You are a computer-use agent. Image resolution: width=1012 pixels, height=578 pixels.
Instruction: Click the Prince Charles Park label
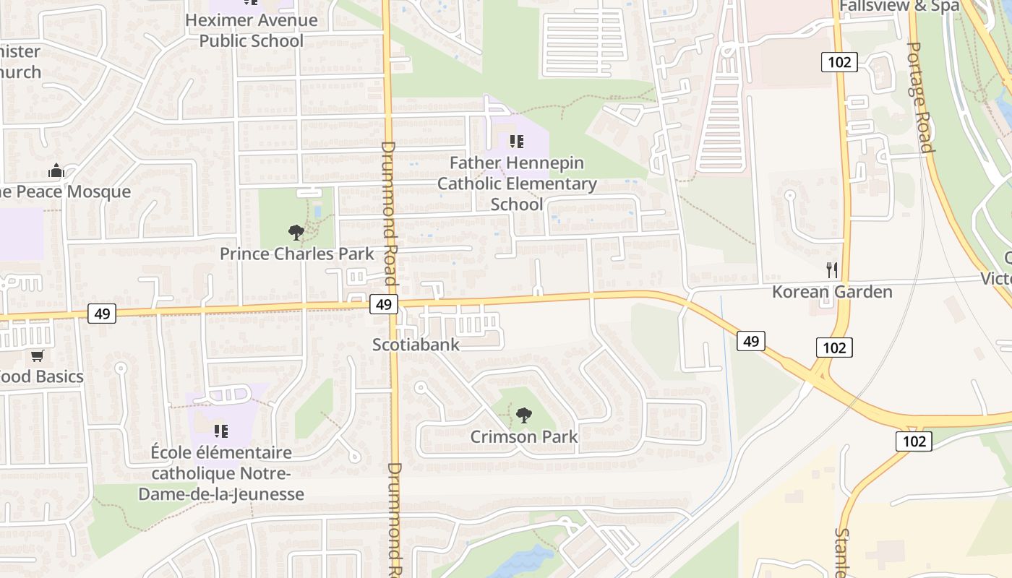pyautogui.click(x=297, y=254)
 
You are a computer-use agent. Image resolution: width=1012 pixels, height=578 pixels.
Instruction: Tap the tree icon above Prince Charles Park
pyautogui.click(x=296, y=233)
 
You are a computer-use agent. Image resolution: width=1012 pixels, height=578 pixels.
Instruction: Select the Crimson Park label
pyautogui.click(x=524, y=436)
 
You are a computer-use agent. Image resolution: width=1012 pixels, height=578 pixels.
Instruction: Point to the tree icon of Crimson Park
pyautogui.click(x=523, y=415)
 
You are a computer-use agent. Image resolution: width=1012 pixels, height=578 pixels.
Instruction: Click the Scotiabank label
pyautogui.click(x=416, y=345)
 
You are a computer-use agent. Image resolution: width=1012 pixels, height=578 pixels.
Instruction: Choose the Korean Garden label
pyautogui.click(x=832, y=292)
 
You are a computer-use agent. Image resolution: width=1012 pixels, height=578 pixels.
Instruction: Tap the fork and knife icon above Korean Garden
pyautogui.click(x=832, y=270)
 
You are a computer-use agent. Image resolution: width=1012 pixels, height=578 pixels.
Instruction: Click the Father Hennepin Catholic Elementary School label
pyautogui.click(x=517, y=184)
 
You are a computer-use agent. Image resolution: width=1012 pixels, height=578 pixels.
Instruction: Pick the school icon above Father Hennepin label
pyautogui.click(x=516, y=141)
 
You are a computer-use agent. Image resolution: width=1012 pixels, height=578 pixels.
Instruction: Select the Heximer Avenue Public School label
pyautogui.click(x=251, y=30)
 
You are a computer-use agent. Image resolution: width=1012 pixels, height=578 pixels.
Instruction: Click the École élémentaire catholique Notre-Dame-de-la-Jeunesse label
pyautogui.click(x=221, y=473)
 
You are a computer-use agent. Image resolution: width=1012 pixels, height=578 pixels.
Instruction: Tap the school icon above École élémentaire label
pyautogui.click(x=221, y=431)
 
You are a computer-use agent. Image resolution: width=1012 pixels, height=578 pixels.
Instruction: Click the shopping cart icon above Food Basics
pyautogui.click(x=37, y=355)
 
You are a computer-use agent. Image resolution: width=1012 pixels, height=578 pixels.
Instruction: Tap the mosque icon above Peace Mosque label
pyautogui.click(x=56, y=171)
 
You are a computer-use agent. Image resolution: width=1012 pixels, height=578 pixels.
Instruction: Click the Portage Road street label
pyautogui.click(x=919, y=97)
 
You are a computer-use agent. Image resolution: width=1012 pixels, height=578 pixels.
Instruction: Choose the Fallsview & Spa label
pyautogui.click(x=899, y=6)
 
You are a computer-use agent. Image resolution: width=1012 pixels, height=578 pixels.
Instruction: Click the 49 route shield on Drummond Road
pyautogui.click(x=383, y=304)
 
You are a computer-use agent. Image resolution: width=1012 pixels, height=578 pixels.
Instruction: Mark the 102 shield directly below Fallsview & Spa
pyautogui.click(x=839, y=62)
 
